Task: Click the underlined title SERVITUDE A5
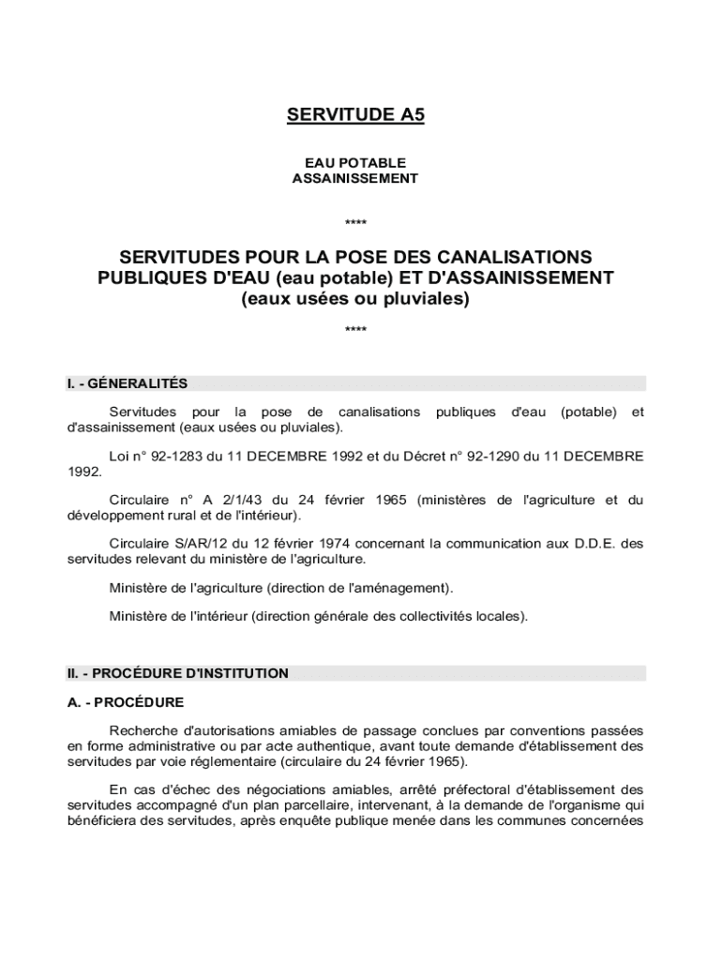(x=355, y=115)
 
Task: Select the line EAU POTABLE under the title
(x=355, y=163)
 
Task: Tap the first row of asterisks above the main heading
(x=355, y=223)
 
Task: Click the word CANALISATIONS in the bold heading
(x=519, y=257)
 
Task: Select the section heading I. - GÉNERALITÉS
(x=127, y=383)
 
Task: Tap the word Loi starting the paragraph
(x=121, y=457)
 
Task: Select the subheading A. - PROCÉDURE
(x=125, y=702)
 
